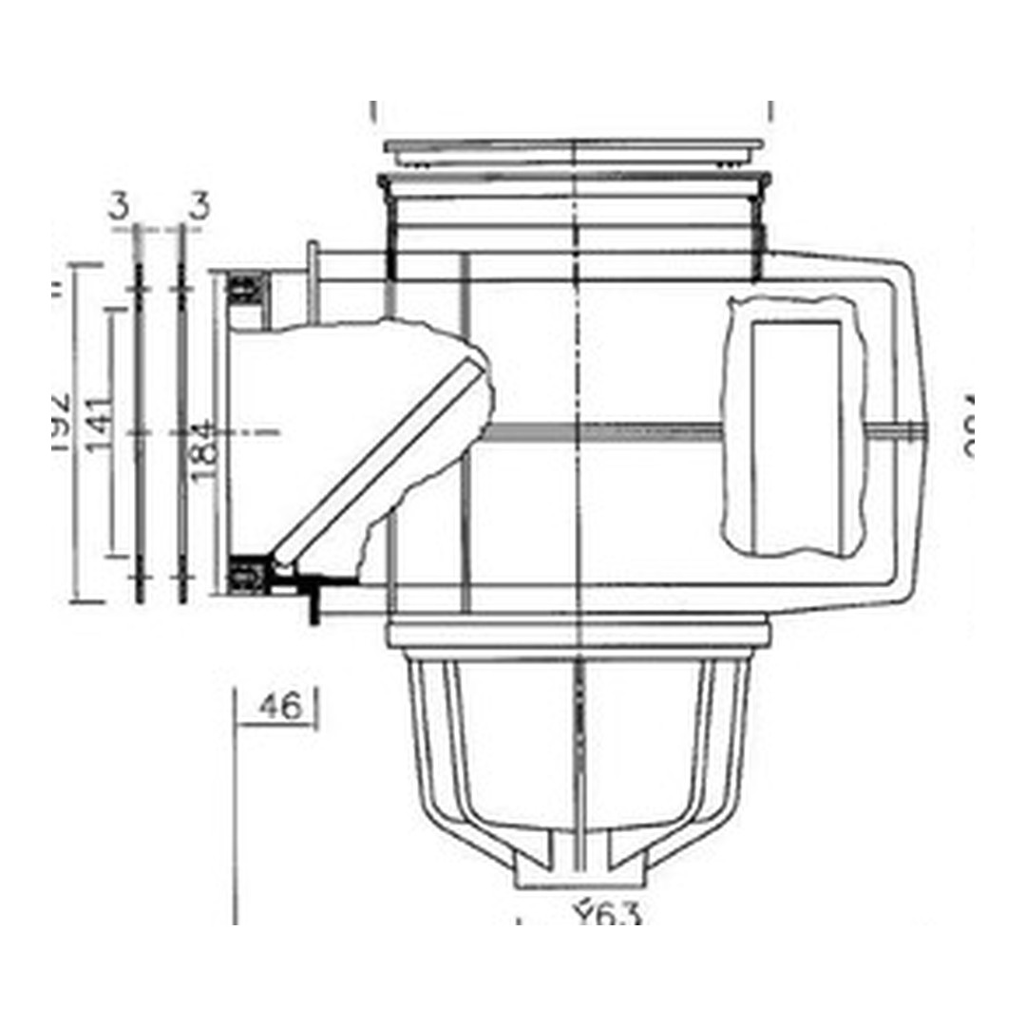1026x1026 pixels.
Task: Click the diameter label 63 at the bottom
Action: click(608, 916)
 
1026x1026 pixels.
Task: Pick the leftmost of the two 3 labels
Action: click(119, 206)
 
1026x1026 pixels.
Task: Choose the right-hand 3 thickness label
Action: click(198, 206)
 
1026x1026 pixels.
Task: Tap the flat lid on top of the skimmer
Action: click(574, 147)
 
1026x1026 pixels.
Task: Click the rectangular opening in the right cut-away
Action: click(796, 437)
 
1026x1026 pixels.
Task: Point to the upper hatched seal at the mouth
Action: click(248, 286)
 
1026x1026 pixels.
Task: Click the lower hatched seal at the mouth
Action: click(248, 574)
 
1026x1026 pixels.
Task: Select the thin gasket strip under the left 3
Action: click(140, 418)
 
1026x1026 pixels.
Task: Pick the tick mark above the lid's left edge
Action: click(373, 111)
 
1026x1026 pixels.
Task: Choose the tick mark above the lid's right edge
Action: click(771, 111)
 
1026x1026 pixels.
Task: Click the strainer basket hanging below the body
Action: click(579, 750)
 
